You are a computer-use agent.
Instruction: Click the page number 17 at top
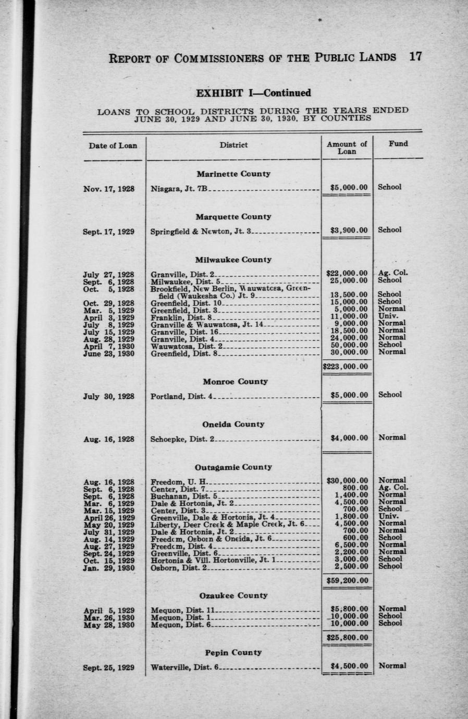[415, 57]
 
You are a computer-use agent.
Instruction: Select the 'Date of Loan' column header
[113, 145]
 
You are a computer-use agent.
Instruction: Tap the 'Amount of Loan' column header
[347, 148]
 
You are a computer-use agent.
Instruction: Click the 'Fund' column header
[398, 143]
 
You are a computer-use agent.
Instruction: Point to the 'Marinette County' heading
[233, 174]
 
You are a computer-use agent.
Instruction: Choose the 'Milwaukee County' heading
[233, 259]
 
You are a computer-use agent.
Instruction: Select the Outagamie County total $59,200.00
[347, 580]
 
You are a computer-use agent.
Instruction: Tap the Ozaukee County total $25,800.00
[347, 637]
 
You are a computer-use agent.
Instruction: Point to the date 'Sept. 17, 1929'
[108, 230]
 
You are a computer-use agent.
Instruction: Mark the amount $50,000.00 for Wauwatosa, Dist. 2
[347, 345]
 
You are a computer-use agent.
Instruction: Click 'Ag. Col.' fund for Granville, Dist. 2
[393, 273]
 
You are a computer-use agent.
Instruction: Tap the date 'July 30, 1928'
[108, 396]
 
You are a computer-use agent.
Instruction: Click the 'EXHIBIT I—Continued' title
[253, 93]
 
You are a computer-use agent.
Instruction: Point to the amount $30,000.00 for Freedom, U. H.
[347, 481]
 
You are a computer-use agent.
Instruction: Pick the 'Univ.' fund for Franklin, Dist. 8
[388, 316]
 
